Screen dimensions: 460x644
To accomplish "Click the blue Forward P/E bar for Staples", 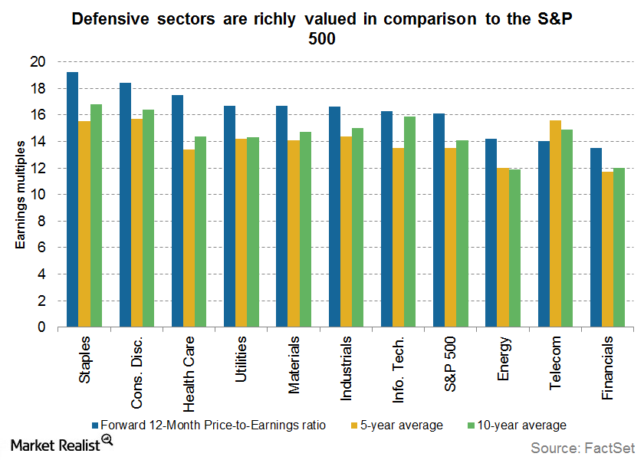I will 72,199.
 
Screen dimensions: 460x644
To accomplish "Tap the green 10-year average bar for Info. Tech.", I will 410,222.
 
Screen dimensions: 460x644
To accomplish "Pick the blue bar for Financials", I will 596,238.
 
